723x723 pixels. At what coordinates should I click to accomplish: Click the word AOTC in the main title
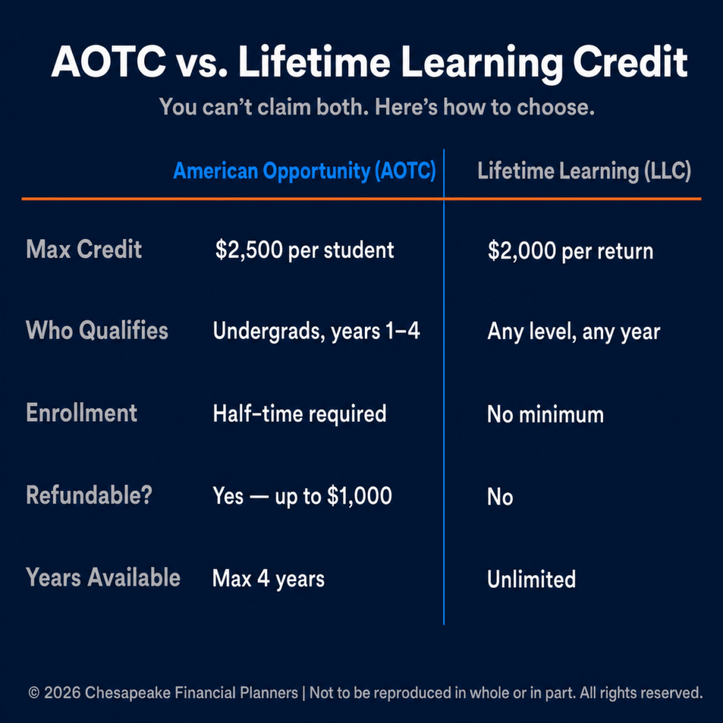108,62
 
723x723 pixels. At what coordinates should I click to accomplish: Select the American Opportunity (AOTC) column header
304,171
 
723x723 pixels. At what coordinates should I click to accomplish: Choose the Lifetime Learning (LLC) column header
584,171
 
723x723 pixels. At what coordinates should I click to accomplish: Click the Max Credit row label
84,249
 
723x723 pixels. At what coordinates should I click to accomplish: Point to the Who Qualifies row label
97,330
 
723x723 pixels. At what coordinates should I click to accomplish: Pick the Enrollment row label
82,412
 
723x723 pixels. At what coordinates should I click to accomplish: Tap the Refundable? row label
89,495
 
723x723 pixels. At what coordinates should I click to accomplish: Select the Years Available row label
103,578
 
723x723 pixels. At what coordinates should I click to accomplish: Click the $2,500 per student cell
305,251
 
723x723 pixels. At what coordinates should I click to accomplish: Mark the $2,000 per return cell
570,251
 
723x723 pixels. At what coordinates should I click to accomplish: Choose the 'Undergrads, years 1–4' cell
316,332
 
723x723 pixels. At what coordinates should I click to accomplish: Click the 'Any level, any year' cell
573,332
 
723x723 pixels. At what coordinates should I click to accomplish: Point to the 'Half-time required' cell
299,414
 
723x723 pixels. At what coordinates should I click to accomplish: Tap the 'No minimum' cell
546,414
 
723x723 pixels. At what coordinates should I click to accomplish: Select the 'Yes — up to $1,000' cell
302,496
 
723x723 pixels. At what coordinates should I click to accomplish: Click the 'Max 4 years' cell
268,579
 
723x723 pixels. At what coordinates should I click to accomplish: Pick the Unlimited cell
532,579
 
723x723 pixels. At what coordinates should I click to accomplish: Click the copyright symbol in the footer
34,693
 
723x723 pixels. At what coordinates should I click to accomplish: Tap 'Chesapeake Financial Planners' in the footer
191,693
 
